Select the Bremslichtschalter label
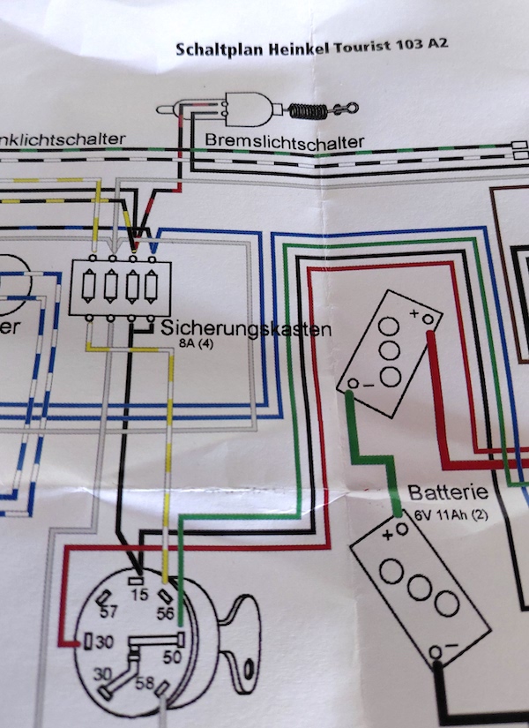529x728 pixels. click(x=284, y=140)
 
